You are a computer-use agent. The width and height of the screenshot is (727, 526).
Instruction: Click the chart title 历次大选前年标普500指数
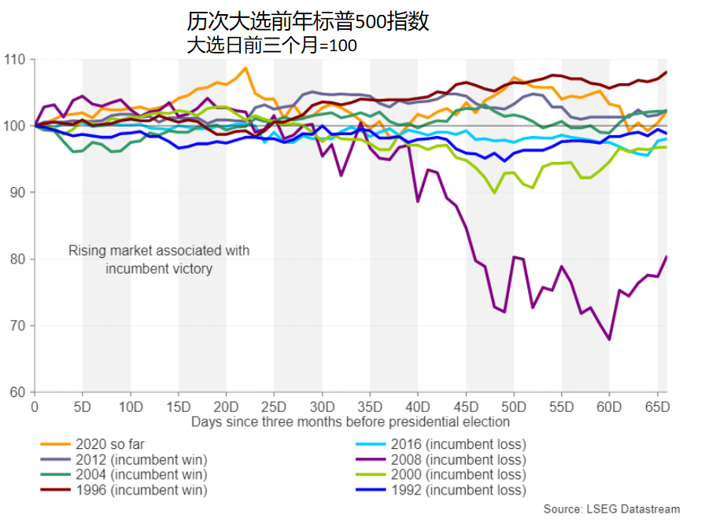308,21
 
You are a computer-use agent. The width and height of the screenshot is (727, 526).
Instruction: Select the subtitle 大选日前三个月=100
271,46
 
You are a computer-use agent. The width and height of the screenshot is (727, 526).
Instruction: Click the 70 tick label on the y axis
17,326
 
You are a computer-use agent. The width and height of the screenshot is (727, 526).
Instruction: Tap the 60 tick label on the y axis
17,392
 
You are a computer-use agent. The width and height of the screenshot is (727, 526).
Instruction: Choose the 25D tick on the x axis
275,407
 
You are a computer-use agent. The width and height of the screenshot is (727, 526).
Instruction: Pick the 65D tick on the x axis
658,407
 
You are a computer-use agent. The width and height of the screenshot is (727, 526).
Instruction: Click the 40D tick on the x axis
418,407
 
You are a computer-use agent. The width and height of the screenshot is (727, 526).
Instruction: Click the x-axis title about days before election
350,421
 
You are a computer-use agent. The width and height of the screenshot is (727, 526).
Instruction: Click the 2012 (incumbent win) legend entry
142,459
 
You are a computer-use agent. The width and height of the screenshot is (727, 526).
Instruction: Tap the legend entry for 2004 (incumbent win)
142,474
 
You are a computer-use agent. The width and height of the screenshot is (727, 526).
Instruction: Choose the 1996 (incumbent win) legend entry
142,490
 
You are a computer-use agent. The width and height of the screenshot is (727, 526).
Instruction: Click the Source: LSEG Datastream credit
611,509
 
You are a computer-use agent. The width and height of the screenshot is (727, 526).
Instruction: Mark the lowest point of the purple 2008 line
609,340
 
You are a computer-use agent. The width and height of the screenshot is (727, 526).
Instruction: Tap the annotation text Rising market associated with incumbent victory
159,259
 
